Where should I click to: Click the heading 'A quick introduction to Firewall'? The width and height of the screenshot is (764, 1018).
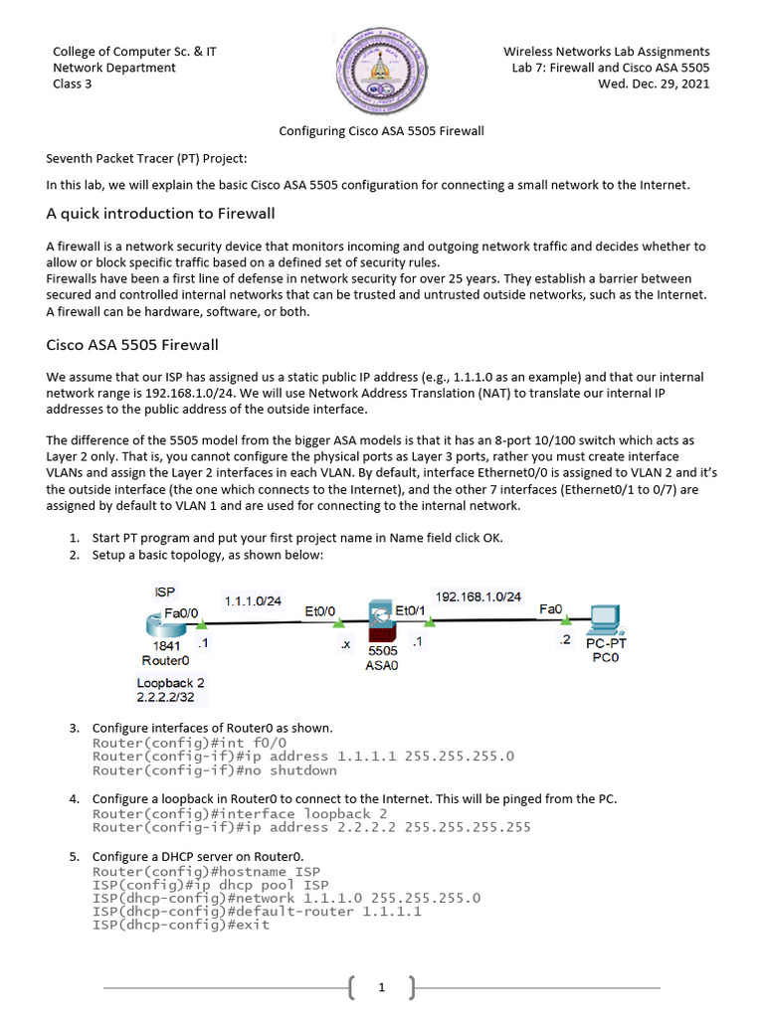click(161, 214)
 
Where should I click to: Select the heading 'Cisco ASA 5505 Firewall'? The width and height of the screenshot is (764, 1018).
click(132, 345)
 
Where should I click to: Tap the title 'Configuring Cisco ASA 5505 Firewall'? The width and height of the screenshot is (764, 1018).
click(381, 131)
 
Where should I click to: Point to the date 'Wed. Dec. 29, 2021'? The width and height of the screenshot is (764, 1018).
click(654, 84)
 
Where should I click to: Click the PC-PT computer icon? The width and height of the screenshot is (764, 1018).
click(606, 621)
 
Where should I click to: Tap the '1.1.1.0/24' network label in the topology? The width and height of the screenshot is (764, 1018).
click(253, 601)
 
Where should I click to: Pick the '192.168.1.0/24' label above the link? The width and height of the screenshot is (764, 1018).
click(477, 596)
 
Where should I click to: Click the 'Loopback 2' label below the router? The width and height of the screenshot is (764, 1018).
click(171, 683)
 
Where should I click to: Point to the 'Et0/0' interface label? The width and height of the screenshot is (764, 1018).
click(320, 611)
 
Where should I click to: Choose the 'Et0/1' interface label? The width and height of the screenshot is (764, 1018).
click(411, 609)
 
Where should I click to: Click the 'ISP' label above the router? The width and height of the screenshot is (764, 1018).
click(165, 592)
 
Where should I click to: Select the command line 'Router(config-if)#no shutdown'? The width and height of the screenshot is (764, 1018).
click(215, 770)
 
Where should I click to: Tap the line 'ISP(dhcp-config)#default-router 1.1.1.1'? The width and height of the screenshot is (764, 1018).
click(257, 911)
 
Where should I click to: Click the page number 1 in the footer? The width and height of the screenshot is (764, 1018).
click(381, 987)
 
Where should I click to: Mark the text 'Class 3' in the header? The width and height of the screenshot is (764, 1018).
click(73, 84)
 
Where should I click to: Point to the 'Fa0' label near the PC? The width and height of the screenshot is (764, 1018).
click(550, 608)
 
